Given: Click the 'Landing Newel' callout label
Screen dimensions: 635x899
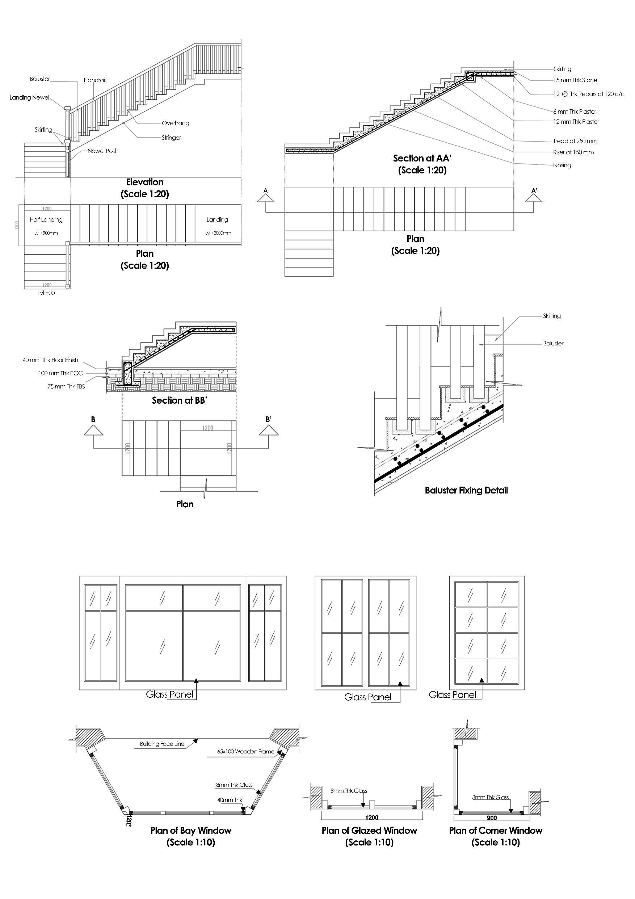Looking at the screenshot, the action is click(30, 97).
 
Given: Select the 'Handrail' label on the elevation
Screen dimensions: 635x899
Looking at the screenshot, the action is click(95, 80).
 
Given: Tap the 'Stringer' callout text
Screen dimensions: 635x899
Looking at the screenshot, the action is click(171, 138).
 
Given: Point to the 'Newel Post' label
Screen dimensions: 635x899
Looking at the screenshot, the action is click(102, 151).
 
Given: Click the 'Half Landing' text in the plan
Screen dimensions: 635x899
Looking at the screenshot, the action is click(46, 220).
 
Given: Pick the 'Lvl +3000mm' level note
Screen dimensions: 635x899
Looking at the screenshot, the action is click(218, 233).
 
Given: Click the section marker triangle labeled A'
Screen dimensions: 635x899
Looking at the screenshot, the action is click(534, 197).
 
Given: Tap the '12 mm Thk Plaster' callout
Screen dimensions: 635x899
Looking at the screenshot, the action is click(576, 122).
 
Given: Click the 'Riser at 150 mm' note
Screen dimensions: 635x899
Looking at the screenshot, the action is click(573, 152).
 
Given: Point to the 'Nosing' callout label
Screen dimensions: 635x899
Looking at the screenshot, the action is click(562, 165).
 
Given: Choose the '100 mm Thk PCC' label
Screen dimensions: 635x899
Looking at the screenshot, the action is click(61, 373).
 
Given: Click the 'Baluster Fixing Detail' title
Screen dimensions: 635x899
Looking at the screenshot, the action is click(466, 490).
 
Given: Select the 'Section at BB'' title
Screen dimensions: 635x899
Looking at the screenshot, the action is click(179, 400).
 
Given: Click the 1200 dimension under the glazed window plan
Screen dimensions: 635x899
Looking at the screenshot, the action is click(371, 818).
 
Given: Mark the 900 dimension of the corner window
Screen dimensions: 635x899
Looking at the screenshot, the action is click(492, 818).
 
